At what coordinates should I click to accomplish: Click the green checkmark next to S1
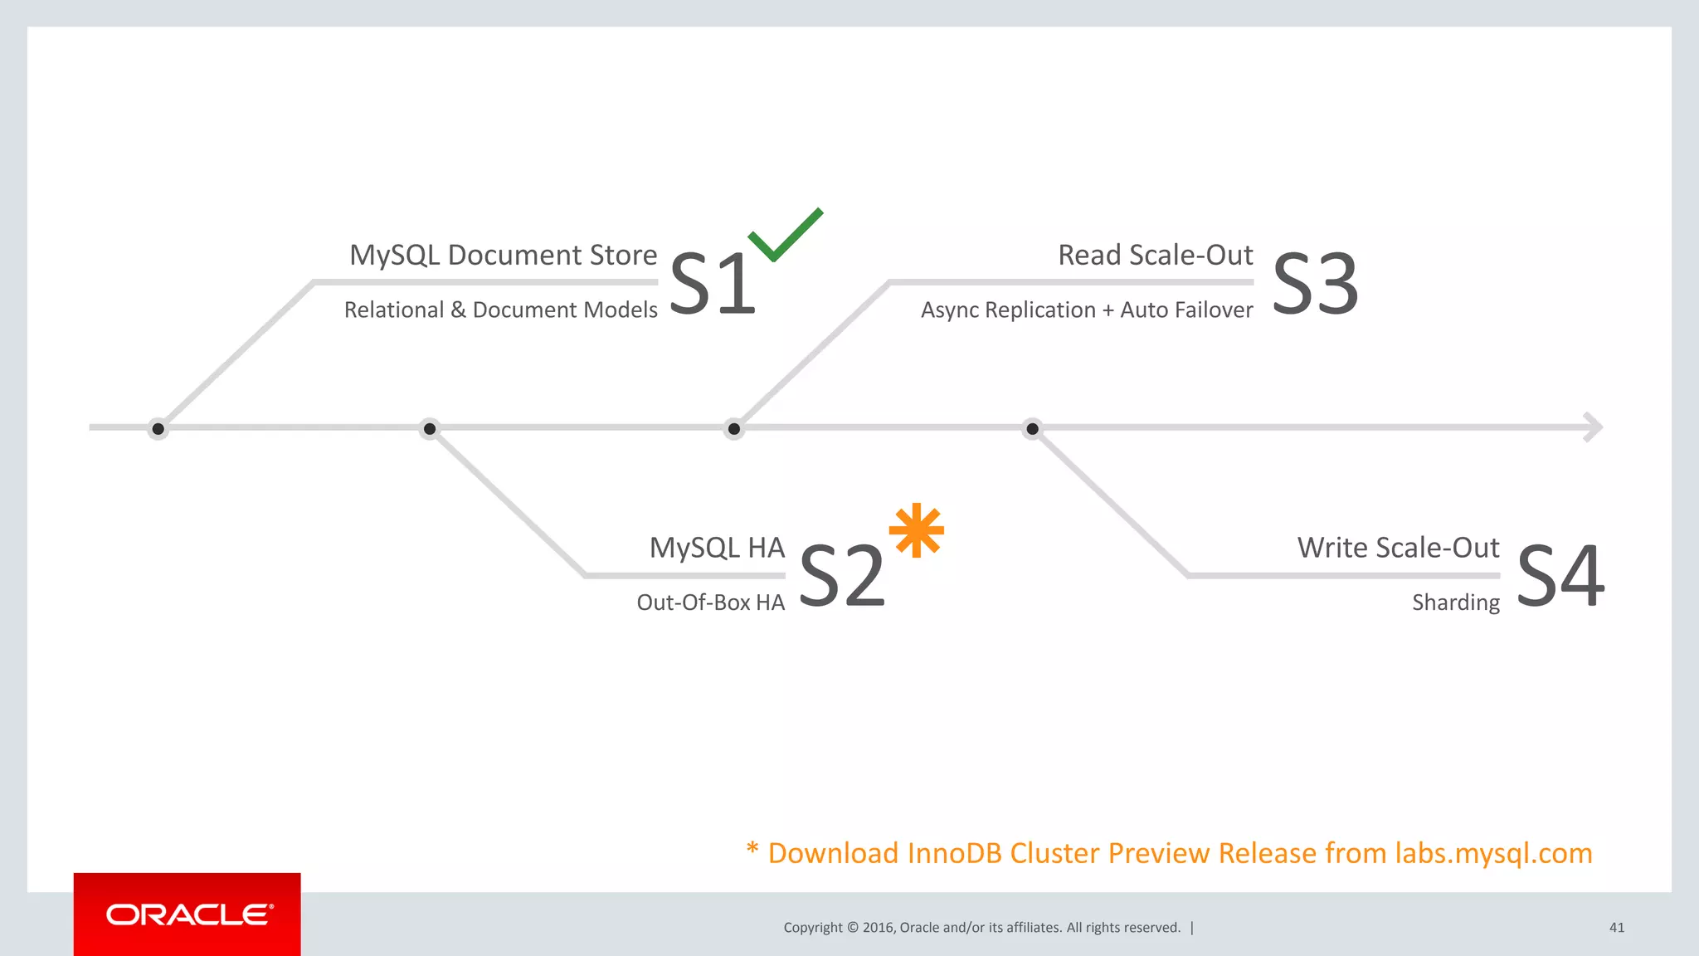click(783, 236)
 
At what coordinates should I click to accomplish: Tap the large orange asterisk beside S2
click(916, 530)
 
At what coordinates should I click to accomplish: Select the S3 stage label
click(1315, 285)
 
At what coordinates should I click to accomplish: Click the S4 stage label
click(1560, 576)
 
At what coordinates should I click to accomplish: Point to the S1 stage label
click(712, 285)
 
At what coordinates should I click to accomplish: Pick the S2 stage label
click(841, 576)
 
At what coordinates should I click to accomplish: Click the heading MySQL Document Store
click(503, 255)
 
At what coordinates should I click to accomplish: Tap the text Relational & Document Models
click(500, 310)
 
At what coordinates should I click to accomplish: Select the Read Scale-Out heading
click(1155, 255)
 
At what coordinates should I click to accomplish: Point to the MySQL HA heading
click(717, 548)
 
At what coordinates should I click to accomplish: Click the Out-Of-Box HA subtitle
click(710, 602)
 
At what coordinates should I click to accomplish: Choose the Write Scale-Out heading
click(1398, 548)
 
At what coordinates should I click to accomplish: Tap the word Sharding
click(1455, 602)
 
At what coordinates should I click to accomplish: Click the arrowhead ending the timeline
click(1593, 427)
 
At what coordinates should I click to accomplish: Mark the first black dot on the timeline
click(158, 429)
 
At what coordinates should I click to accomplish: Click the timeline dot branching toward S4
click(1032, 429)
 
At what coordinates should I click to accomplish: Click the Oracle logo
click(188, 915)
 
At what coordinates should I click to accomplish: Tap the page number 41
click(1616, 928)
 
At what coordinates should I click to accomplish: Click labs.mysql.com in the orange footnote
click(1493, 853)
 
